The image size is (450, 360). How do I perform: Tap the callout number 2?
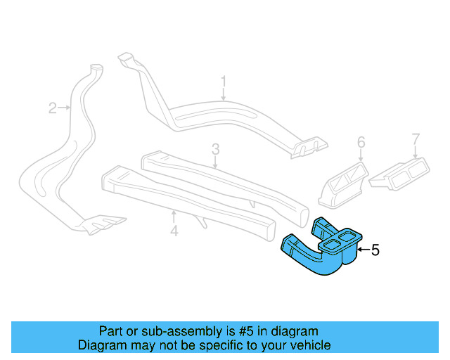click(52, 108)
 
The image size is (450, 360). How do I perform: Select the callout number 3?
click(216, 148)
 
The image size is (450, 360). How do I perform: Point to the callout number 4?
click(174, 230)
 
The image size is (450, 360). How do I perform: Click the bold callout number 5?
click(375, 249)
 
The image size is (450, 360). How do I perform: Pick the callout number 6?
click(361, 143)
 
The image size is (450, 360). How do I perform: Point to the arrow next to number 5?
click(362, 249)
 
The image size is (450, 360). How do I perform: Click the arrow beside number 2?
click(65, 108)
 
